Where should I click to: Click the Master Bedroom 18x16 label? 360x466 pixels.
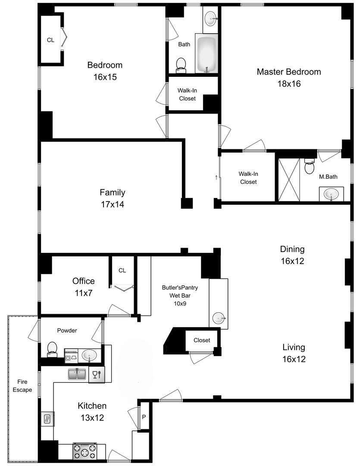[x=289, y=77]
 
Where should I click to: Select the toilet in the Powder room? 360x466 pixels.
[x=52, y=348]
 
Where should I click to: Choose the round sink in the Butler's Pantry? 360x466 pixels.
[x=219, y=319]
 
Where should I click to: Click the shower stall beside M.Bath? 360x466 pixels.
[x=288, y=179]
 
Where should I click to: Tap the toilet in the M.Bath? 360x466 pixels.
[x=310, y=166]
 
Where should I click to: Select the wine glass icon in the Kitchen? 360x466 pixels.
[x=97, y=375]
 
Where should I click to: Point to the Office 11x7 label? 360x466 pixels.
[x=83, y=287]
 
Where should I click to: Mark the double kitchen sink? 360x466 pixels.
[x=77, y=374]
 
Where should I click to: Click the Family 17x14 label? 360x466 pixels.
[x=112, y=198]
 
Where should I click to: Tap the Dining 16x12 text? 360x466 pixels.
[x=292, y=255]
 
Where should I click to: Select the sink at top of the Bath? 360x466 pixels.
[x=210, y=19]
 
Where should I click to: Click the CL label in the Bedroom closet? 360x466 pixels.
[x=50, y=40]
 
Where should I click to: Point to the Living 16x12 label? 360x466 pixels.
[x=294, y=353]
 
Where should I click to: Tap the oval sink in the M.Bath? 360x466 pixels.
[x=331, y=195]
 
